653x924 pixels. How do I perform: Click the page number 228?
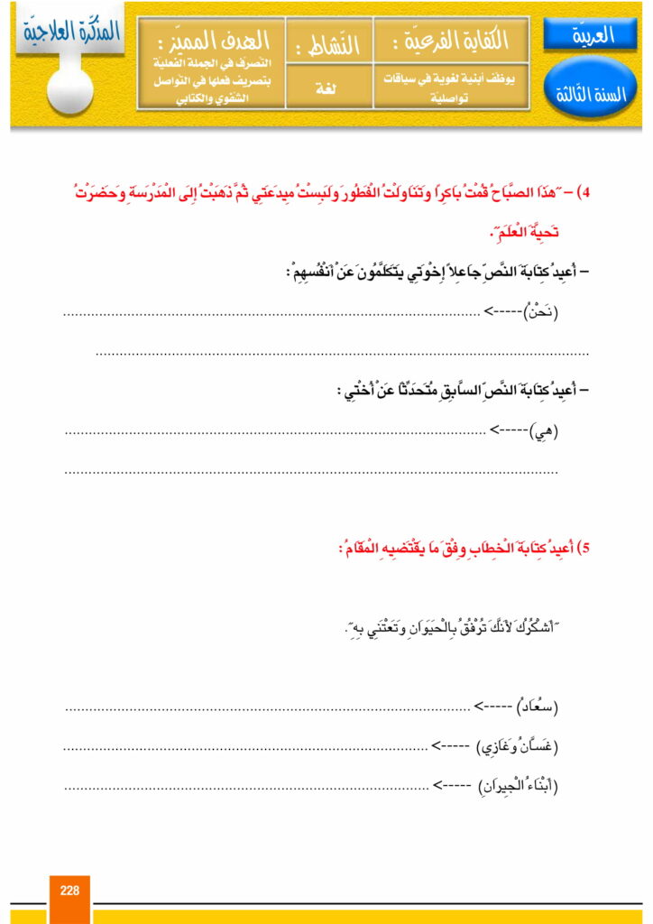69,890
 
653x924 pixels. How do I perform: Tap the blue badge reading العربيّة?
591,36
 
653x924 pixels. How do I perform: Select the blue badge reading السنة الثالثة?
591,94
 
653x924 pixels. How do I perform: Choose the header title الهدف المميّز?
212,41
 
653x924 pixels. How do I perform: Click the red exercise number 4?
582,193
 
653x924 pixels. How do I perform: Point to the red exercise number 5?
582,548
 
